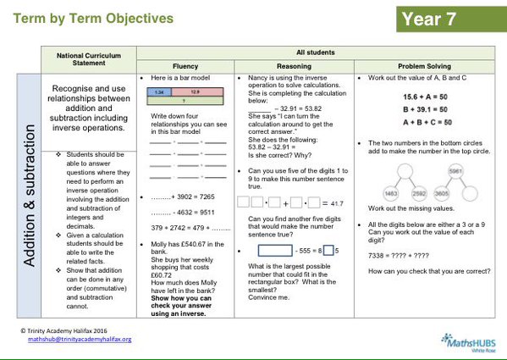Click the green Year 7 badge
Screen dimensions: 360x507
pos(449,18)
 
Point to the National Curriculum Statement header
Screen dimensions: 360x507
pos(89,58)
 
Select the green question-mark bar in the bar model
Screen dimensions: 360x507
pos(187,98)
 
